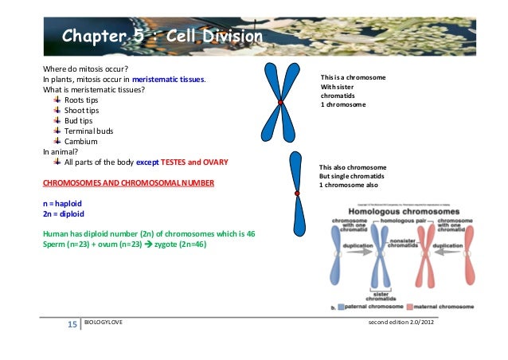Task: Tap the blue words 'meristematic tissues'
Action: [x=169, y=80]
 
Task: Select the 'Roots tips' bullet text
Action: [x=83, y=100]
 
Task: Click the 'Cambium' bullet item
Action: [x=80, y=141]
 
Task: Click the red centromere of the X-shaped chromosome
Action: [x=280, y=103]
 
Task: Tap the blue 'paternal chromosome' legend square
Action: [x=341, y=307]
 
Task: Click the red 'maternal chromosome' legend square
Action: [x=411, y=307]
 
